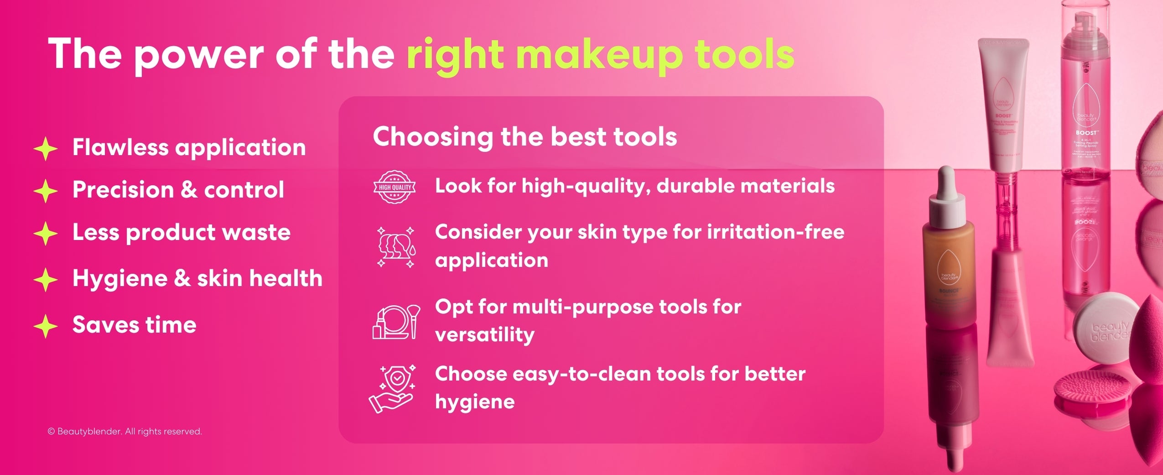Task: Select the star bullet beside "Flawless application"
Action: (46, 149)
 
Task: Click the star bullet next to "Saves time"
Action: (46, 326)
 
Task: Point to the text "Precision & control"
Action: (178, 190)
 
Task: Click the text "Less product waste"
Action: (181, 232)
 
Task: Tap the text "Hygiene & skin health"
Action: (197, 278)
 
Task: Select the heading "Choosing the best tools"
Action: (524, 137)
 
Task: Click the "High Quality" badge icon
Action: (395, 187)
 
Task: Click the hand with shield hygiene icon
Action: (392, 389)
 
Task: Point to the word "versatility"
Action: (484, 335)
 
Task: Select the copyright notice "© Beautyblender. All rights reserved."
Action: (125, 432)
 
